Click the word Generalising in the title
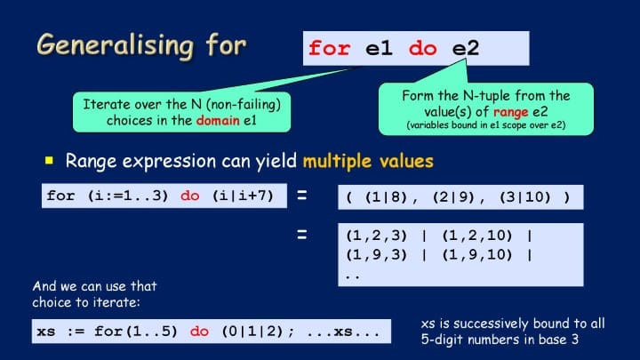(115, 46)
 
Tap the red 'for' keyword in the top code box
(329, 48)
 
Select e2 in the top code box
(465, 49)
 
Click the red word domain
(218, 120)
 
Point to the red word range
(510, 112)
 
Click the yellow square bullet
(49, 160)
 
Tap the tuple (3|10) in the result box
(525, 197)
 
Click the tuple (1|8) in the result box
(386, 197)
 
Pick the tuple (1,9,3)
(376, 255)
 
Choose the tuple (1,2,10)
(477, 236)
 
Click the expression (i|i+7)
(243, 196)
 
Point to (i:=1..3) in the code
(128, 196)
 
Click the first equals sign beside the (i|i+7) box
(302, 196)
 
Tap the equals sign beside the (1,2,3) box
(302, 235)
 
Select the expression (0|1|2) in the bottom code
(252, 331)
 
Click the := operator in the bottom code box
(76, 332)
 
